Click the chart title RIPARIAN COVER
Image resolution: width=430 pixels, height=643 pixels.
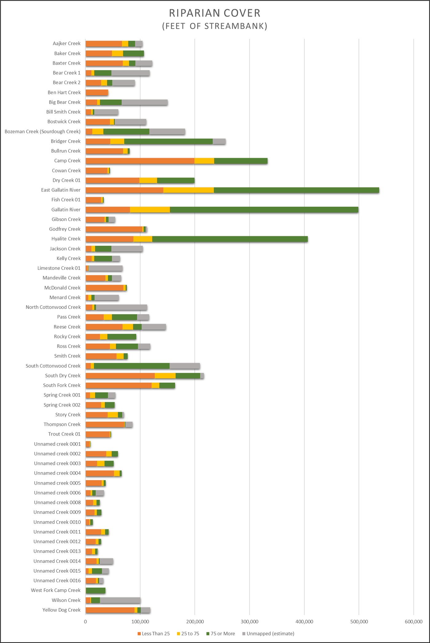[x=215, y=13]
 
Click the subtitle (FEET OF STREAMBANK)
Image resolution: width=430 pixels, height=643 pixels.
[x=215, y=26]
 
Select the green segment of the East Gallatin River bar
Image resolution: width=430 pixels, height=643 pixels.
[x=296, y=190]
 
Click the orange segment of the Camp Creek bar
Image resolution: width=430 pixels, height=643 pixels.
[x=140, y=161]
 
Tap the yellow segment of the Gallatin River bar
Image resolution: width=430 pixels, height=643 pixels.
[x=150, y=210]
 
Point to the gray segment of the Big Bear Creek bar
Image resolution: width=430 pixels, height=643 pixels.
[x=144, y=102]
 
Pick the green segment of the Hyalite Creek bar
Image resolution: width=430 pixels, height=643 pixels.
[x=230, y=239]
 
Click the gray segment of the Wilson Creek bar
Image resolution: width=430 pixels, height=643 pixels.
[x=120, y=600]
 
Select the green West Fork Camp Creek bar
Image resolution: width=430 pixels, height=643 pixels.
[x=96, y=590]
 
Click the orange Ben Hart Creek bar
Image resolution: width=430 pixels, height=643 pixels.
[x=97, y=92]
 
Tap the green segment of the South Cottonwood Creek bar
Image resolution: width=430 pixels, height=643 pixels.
[x=132, y=366]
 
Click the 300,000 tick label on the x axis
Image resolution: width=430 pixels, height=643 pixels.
[x=249, y=622]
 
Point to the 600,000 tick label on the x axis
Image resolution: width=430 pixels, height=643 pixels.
[x=413, y=622]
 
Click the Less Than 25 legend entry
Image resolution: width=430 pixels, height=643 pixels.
[x=154, y=633]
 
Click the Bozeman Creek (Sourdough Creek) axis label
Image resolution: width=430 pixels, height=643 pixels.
[x=42, y=131]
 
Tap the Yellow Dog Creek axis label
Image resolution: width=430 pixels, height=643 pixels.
[x=61, y=610]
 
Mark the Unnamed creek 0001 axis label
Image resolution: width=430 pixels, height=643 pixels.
[x=57, y=444]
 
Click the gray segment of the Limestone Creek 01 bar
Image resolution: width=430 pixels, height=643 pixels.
[x=105, y=268]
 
